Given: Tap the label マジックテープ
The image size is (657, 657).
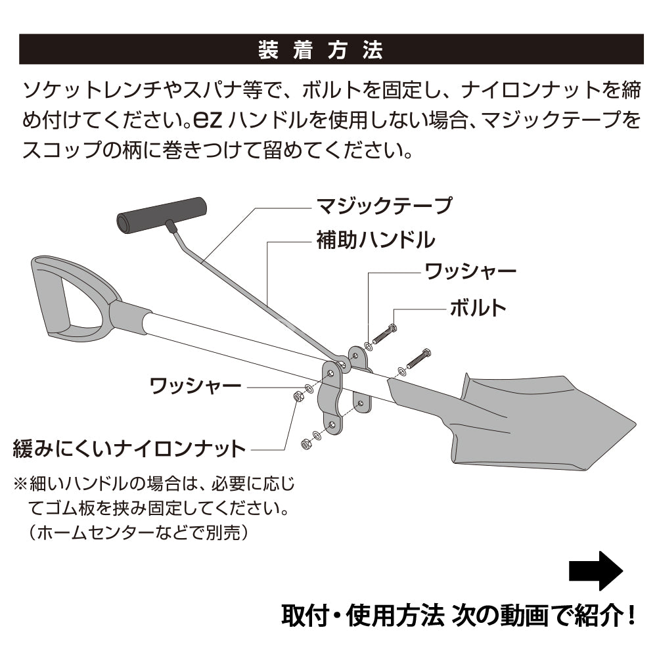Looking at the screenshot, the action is click(384, 206).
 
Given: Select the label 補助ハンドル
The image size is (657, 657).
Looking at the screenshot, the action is click(376, 240).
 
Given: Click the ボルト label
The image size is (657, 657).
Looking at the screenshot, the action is click(478, 308).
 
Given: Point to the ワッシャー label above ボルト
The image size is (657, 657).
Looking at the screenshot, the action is click(470, 271).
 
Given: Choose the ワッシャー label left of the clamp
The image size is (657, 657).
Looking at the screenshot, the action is click(195, 386).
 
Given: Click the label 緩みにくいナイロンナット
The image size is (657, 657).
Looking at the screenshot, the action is click(129, 449).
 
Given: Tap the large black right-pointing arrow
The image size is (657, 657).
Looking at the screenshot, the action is click(596, 571).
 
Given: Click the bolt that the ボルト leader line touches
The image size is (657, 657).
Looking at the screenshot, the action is click(384, 334).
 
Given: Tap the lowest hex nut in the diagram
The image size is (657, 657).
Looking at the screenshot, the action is click(306, 443).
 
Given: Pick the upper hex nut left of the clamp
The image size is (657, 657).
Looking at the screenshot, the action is click(298, 396).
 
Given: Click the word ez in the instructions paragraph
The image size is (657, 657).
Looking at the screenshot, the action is click(208, 120).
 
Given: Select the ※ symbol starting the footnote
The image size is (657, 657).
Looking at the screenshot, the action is click(20, 484).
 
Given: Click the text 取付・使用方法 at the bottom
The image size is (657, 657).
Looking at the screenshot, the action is click(363, 616).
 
